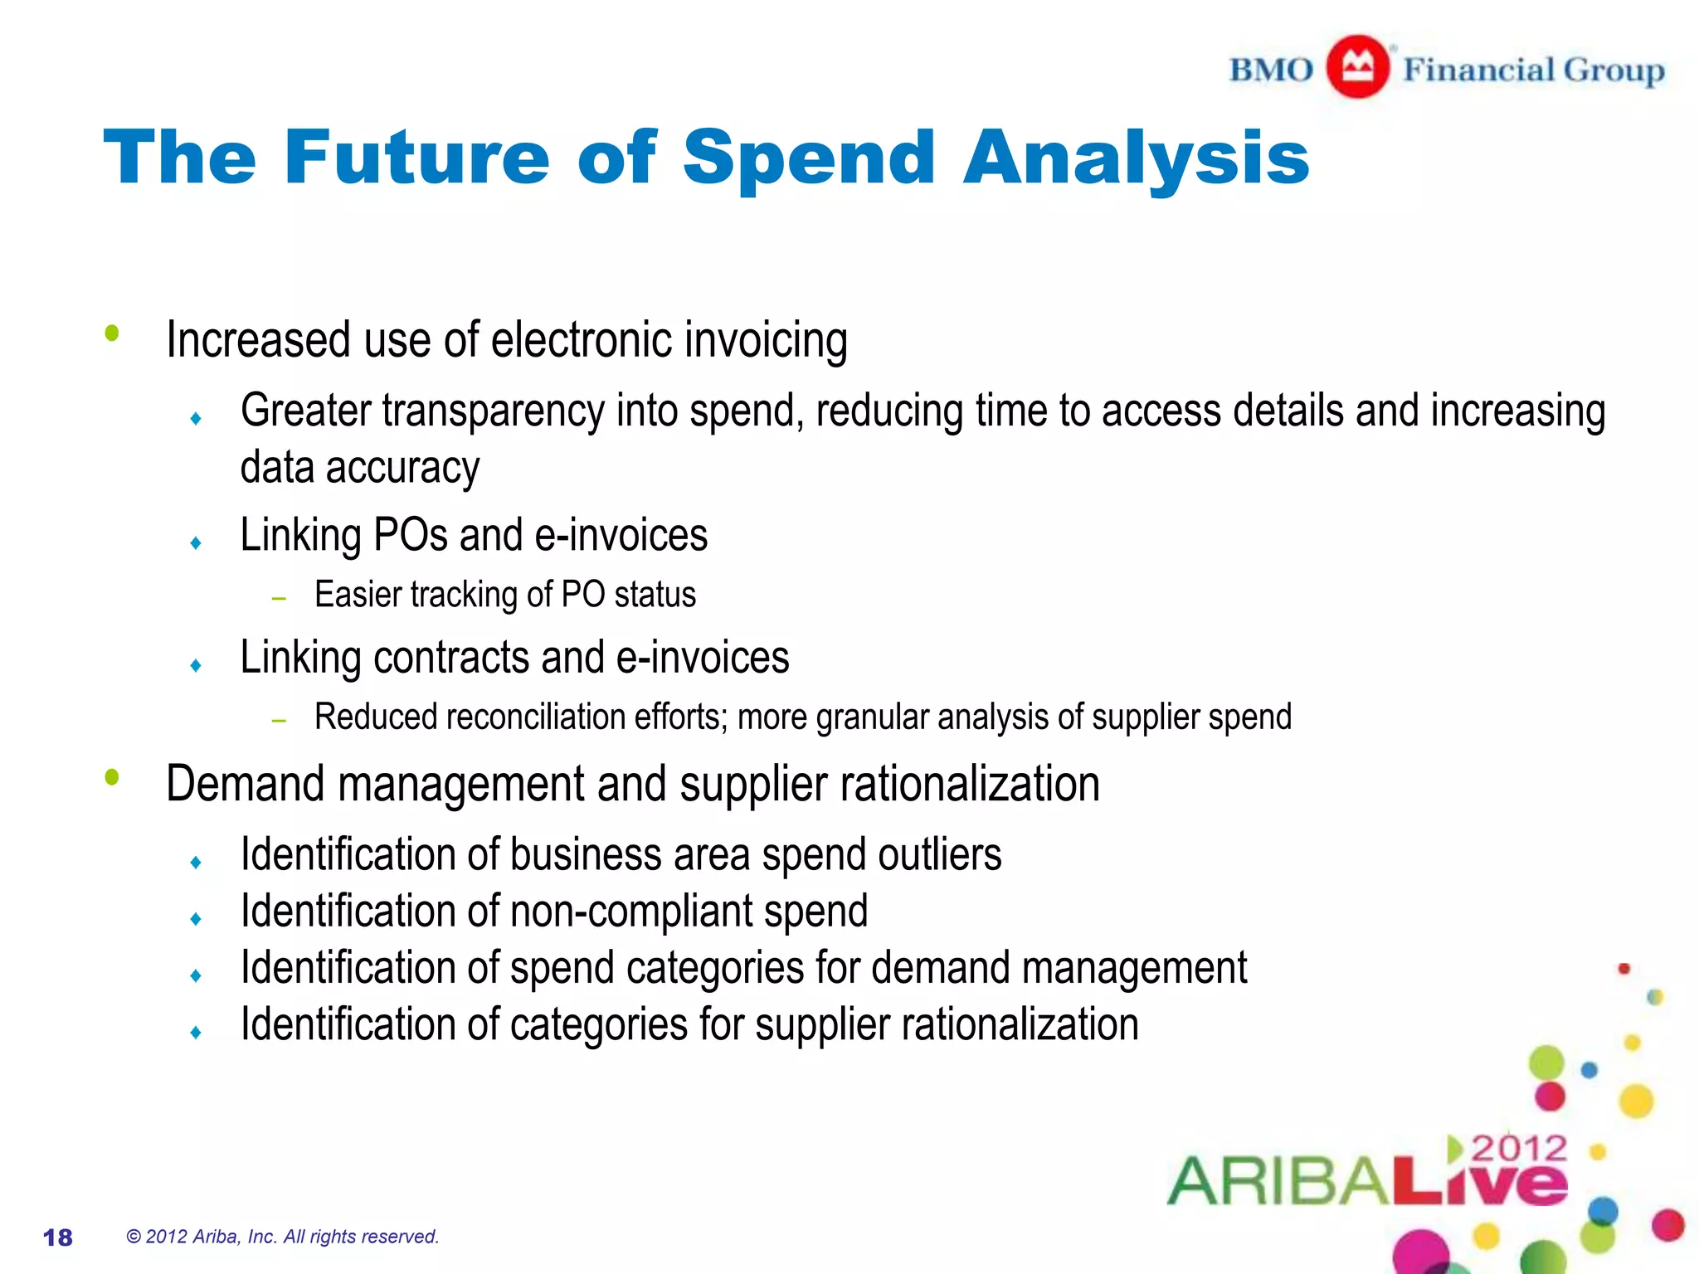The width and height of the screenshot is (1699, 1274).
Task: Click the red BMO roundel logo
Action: (x=1357, y=67)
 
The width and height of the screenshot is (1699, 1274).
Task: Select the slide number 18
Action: (x=58, y=1238)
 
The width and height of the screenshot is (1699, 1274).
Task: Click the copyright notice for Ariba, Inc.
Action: (x=282, y=1237)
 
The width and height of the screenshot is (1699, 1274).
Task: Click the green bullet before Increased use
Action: (x=112, y=333)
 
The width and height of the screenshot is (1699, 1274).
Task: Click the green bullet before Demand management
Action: (x=112, y=777)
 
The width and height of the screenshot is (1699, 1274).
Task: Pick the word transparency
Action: (x=493, y=411)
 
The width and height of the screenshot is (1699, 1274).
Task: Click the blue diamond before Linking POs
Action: (x=196, y=543)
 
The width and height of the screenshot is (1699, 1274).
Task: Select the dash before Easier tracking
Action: (x=279, y=598)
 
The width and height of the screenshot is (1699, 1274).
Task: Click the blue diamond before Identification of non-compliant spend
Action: (x=196, y=919)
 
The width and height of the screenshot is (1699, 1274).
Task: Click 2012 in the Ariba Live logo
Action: (x=1519, y=1149)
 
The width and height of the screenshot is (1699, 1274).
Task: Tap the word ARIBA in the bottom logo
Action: (x=1277, y=1181)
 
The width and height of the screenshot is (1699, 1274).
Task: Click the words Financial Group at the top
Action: (x=1533, y=70)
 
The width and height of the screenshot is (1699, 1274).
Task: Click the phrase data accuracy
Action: (x=359, y=468)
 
